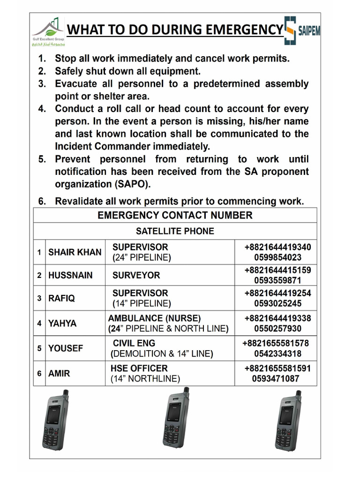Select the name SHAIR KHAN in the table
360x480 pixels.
coord(75,252)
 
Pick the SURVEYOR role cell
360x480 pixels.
coord(136,275)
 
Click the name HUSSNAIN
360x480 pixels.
coord(70,275)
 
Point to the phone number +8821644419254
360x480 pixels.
coord(277,293)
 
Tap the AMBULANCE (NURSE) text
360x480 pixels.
coord(154,318)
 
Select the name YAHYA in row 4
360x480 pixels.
coord(62,323)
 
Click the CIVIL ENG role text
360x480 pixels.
coord(134,343)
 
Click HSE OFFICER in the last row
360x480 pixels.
coord(139,368)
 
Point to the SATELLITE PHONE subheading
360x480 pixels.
coord(175,231)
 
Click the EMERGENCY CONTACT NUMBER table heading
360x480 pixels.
coord(175,216)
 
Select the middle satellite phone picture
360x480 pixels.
coord(175,418)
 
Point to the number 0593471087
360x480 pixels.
coord(275,378)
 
